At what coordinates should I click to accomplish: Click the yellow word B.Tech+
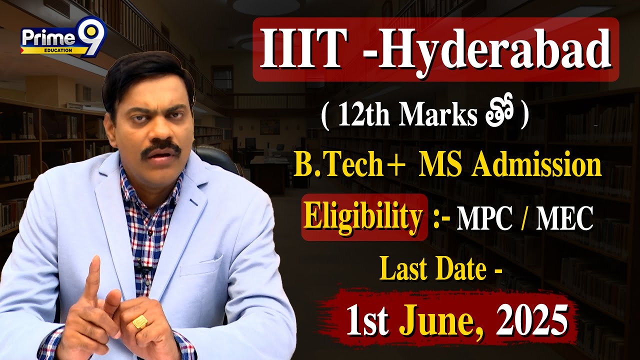pyautogui.click(x=347, y=166)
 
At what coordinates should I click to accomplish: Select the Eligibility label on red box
pyautogui.click(x=363, y=218)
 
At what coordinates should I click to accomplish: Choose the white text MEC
pyautogui.click(x=564, y=220)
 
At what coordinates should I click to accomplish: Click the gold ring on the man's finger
pyautogui.click(x=140, y=321)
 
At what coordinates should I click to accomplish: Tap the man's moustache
pyautogui.click(x=160, y=147)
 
